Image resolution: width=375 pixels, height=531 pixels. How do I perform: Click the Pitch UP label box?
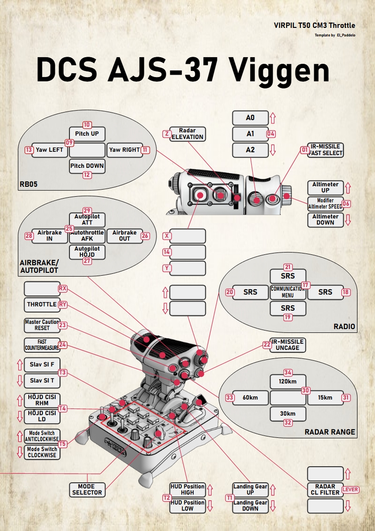(x=87, y=134)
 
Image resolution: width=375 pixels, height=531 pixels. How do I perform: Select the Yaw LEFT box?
(x=50, y=150)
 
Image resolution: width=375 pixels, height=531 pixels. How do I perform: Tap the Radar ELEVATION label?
(x=187, y=134)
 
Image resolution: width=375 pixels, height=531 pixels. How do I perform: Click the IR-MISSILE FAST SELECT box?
(x=325, y=150)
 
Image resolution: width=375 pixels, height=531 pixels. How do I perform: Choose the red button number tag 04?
(x=271, y=134)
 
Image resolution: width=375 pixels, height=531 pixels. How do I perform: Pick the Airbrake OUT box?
(x=124, y=235)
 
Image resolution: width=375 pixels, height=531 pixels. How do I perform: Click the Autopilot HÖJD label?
(x=87, y=251)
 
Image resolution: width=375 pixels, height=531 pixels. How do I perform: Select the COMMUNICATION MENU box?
(x=288, y=292)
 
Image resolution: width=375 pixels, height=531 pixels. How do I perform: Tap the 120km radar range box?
(x=288, y=382)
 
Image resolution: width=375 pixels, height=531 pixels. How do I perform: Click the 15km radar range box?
(x=325, y=398)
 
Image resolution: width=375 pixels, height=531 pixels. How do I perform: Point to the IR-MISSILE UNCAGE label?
(x=288, y=345)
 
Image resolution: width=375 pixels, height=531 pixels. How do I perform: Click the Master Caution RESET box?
(x=43, y=325)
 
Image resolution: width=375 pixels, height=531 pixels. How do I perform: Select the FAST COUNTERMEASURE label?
(x=42, y=345)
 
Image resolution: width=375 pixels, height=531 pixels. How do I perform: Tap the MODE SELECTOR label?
(x=87, y=489)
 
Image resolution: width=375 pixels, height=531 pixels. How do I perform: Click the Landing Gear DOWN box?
(x=250, y=505)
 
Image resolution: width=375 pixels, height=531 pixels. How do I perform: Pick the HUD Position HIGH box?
(x=187, y=489)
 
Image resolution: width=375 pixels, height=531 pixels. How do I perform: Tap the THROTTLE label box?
(x=42, y=305)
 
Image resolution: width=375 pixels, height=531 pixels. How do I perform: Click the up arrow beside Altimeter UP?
(x=348, y=187)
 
